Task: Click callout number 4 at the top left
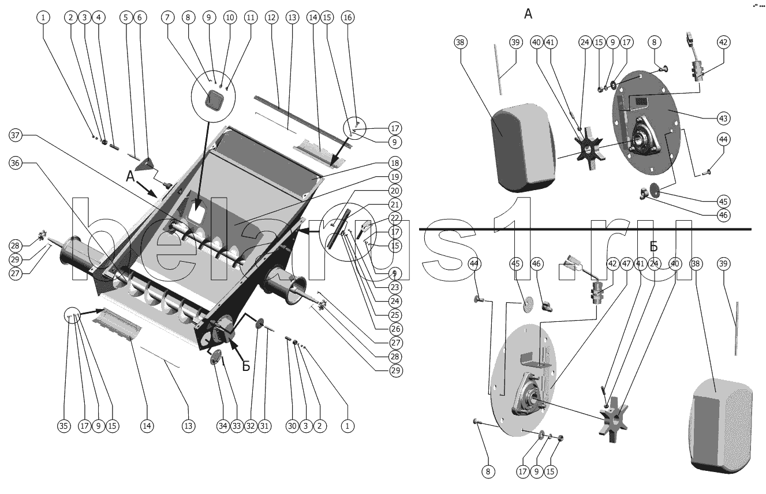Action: [x=99, y=17]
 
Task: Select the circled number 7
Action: [x=167, y=17]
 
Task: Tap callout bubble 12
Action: [x=272, y=17]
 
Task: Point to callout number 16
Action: [x=347, y=17]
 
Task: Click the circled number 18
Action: [x=394, y=162]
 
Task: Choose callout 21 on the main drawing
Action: [x=394, y=204]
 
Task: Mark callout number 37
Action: [x=16, y=135]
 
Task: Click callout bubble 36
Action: [x=16, y=163]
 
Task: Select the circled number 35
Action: [x=63, y=426]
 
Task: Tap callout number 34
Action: [x=223, y=426]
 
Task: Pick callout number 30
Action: [x=292, y=426]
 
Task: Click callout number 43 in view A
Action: [x=723, y=118]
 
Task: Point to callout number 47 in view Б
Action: [x=627, y=263]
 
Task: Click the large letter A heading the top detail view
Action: [x=528, y=14]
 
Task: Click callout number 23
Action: [x=394, y=287]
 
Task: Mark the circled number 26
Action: [x=394, y=329]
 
